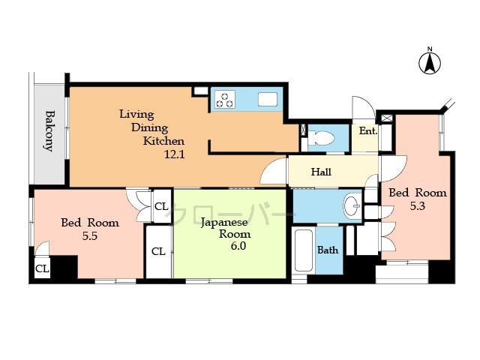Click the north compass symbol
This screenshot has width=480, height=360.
coord(430,62)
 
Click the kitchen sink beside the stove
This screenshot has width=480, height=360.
coord(267,99)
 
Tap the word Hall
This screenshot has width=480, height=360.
coord(321,172)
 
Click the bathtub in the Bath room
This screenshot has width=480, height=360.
coord(303,251)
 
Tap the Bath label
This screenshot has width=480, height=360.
coord(328,250)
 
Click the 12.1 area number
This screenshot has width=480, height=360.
coord(175,154)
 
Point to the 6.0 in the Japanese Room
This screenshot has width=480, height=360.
coord(238,245)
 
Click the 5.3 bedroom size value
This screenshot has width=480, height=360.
coord(418,207)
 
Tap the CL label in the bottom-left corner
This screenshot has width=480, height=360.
coord(42,268)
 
